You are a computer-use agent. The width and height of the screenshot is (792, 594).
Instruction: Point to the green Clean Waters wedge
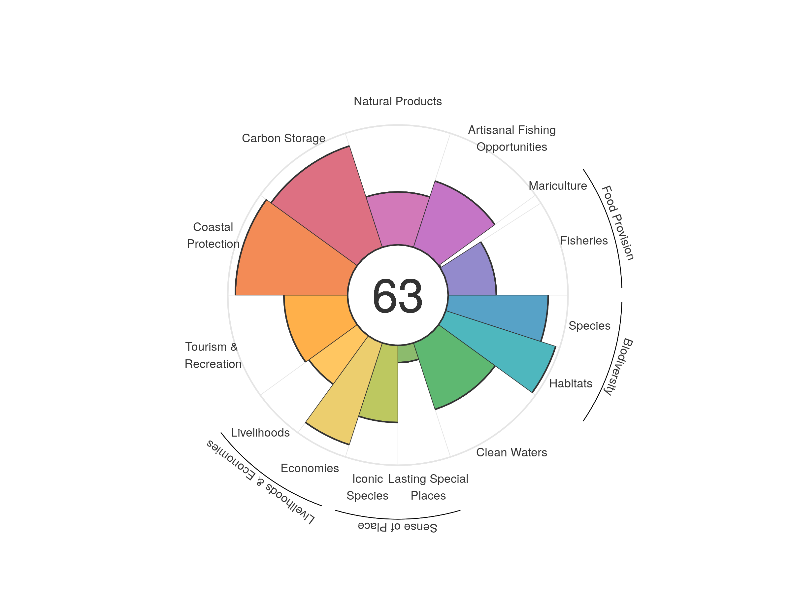451,369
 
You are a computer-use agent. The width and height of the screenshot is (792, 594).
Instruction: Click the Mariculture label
557,186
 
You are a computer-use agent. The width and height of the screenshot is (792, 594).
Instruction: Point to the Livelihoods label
260,433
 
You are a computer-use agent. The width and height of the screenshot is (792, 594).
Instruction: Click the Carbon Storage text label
283,138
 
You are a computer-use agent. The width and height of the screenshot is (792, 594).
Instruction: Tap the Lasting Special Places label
428,487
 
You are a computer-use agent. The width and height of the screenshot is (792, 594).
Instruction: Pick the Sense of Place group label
397,527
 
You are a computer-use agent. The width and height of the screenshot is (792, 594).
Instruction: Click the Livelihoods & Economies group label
260,482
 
